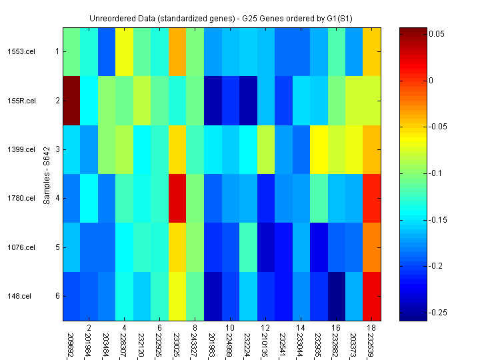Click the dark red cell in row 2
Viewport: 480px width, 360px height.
(71, 101)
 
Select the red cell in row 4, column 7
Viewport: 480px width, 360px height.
(177, 198)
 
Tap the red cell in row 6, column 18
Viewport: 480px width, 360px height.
(371, 296)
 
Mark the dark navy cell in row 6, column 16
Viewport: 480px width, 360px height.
(336, 296)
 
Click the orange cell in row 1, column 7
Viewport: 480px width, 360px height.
(177, 51)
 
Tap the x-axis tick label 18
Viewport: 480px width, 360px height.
(371, 328)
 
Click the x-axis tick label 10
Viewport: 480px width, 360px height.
(230, 328)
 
